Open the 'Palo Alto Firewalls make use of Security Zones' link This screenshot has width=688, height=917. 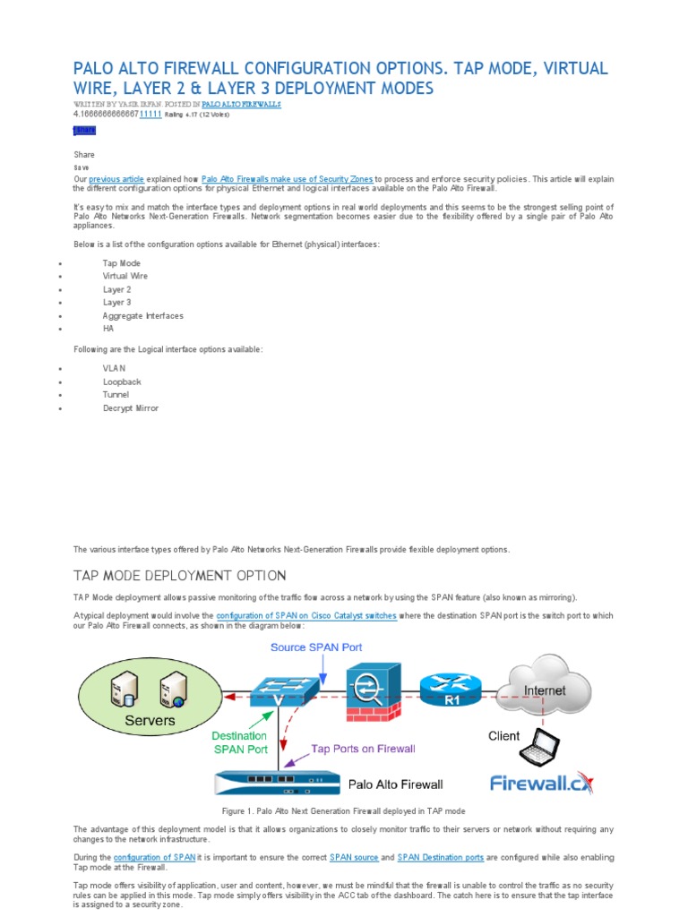coord(287,179)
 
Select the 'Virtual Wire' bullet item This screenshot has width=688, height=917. coord(125,277)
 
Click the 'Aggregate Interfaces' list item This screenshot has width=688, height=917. coord(143,316)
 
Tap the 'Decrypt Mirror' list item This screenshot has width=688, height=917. coord(131,408)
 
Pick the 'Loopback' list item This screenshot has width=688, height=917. coord(122,382)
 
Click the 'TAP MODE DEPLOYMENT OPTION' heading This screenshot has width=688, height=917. coord(179,575)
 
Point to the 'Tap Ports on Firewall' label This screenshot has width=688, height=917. coord(363,749)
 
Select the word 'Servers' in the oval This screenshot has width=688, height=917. coord(150,720)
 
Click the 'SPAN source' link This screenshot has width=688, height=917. coord(354,857)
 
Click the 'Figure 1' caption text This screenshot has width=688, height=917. coord(344,810)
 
